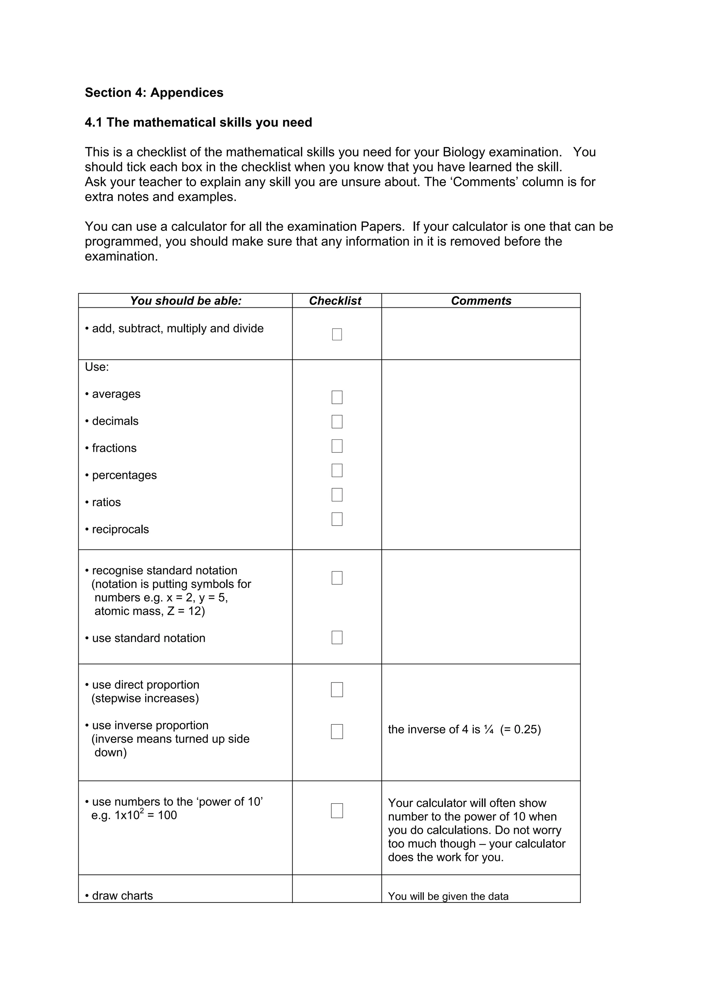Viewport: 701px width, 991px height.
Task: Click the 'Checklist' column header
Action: pos(335,301)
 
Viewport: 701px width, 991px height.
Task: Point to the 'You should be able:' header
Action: pos(186,301)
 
